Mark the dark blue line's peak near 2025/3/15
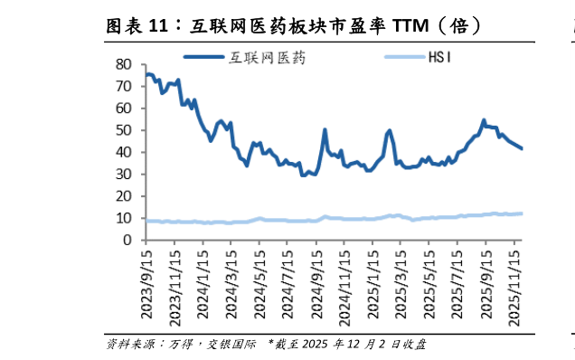tap(390, 130)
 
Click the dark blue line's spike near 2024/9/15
tap(325, 129)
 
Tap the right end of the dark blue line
tap(522, 148)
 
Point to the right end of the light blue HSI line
tap(522, 213)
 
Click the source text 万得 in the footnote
tap(178, 345)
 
